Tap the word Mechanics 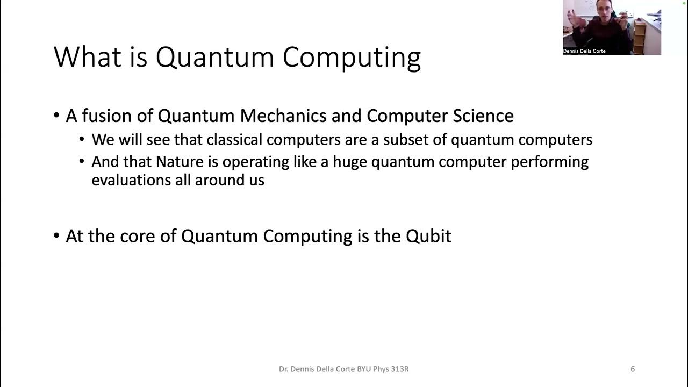pyautogui.click(x=282, y=116)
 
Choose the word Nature pyautogui.click(x=181, y=162)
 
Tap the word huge pyautogui.click(x=350, y=162)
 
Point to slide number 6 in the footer pyautogui.click(x=633, y=369)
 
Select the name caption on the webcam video pyautogui.click(x=585, y=51)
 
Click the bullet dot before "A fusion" pyautogui.click(x=57, y=116)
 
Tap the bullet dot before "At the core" pyautogui.click(x=57, y=236)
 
